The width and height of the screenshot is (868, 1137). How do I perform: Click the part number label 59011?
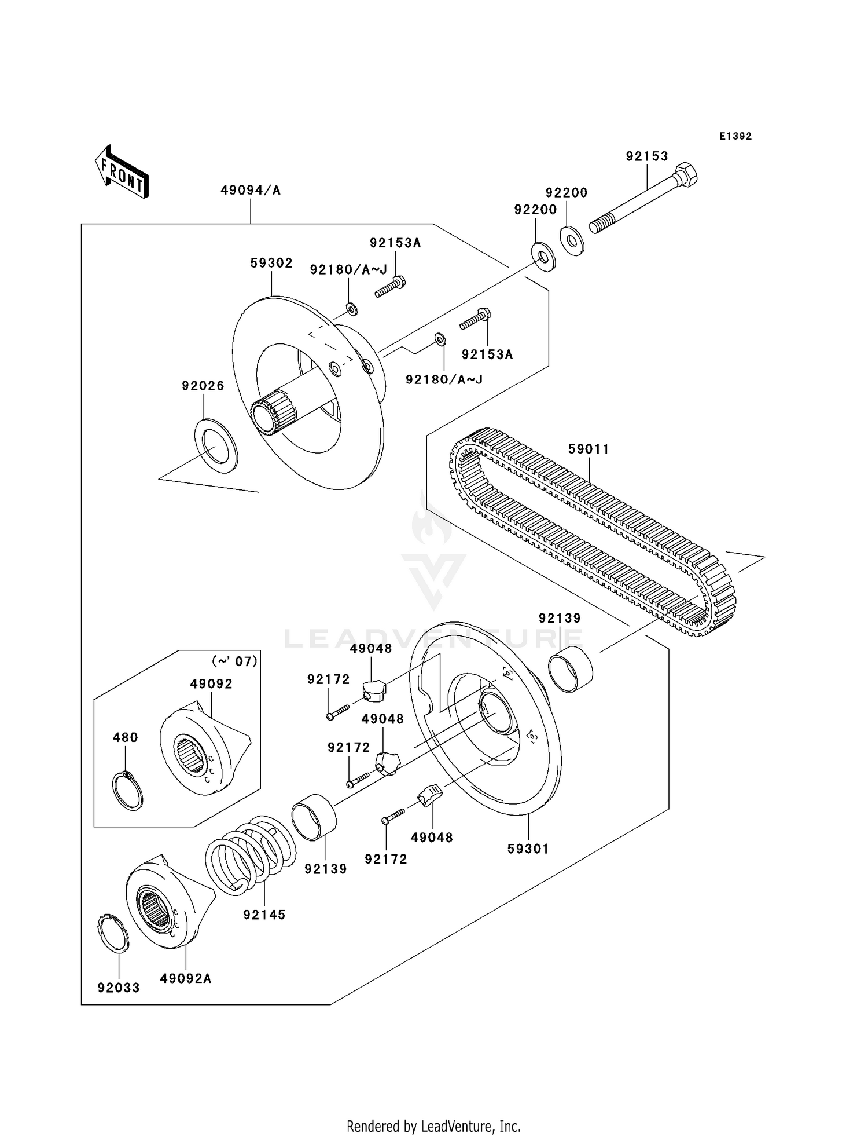click(x=589, y=449)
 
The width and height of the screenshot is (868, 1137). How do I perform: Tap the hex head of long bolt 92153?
click(x=686, y=174)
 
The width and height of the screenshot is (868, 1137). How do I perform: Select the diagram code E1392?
click(x=735, y=136)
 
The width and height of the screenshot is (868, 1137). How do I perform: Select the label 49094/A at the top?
click(x=250, y=191)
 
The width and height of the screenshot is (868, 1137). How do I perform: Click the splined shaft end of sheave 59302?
click(x=273, y=412)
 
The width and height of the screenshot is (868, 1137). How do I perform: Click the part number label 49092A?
click(x=186, y=979)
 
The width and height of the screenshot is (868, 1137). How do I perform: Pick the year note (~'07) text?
click(x=234, y=661)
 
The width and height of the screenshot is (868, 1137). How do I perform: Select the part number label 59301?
click(x=528, y=849)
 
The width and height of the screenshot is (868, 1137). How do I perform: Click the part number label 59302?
click(x=271, y=263)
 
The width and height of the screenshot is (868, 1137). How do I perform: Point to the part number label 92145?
click(x=264, y=915)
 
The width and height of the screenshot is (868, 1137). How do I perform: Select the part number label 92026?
click(x=203, y=386)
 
